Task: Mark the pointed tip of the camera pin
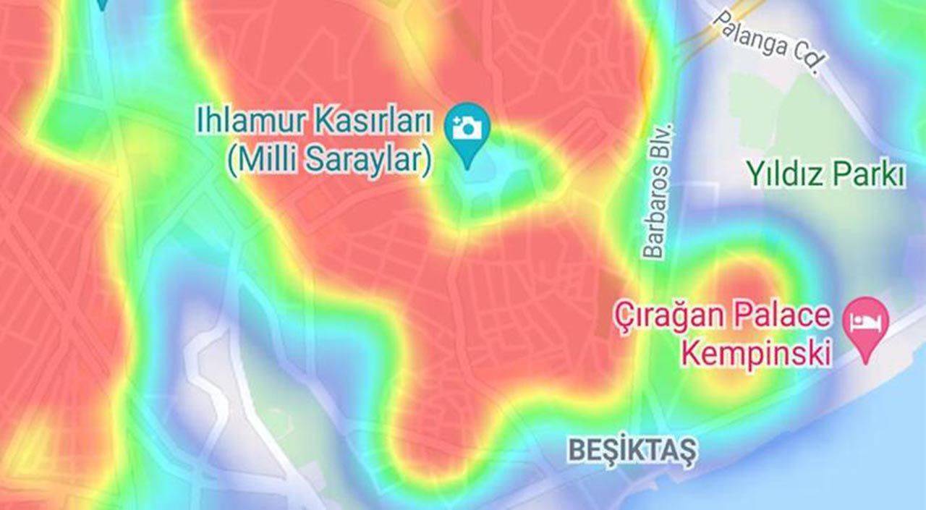pos(467,167)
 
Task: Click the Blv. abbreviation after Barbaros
pos(663,145)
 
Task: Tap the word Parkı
pos(869,174)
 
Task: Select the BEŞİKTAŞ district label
pos(632,450)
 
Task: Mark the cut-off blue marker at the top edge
pos(102,4)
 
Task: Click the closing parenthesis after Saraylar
pos(427,161)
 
